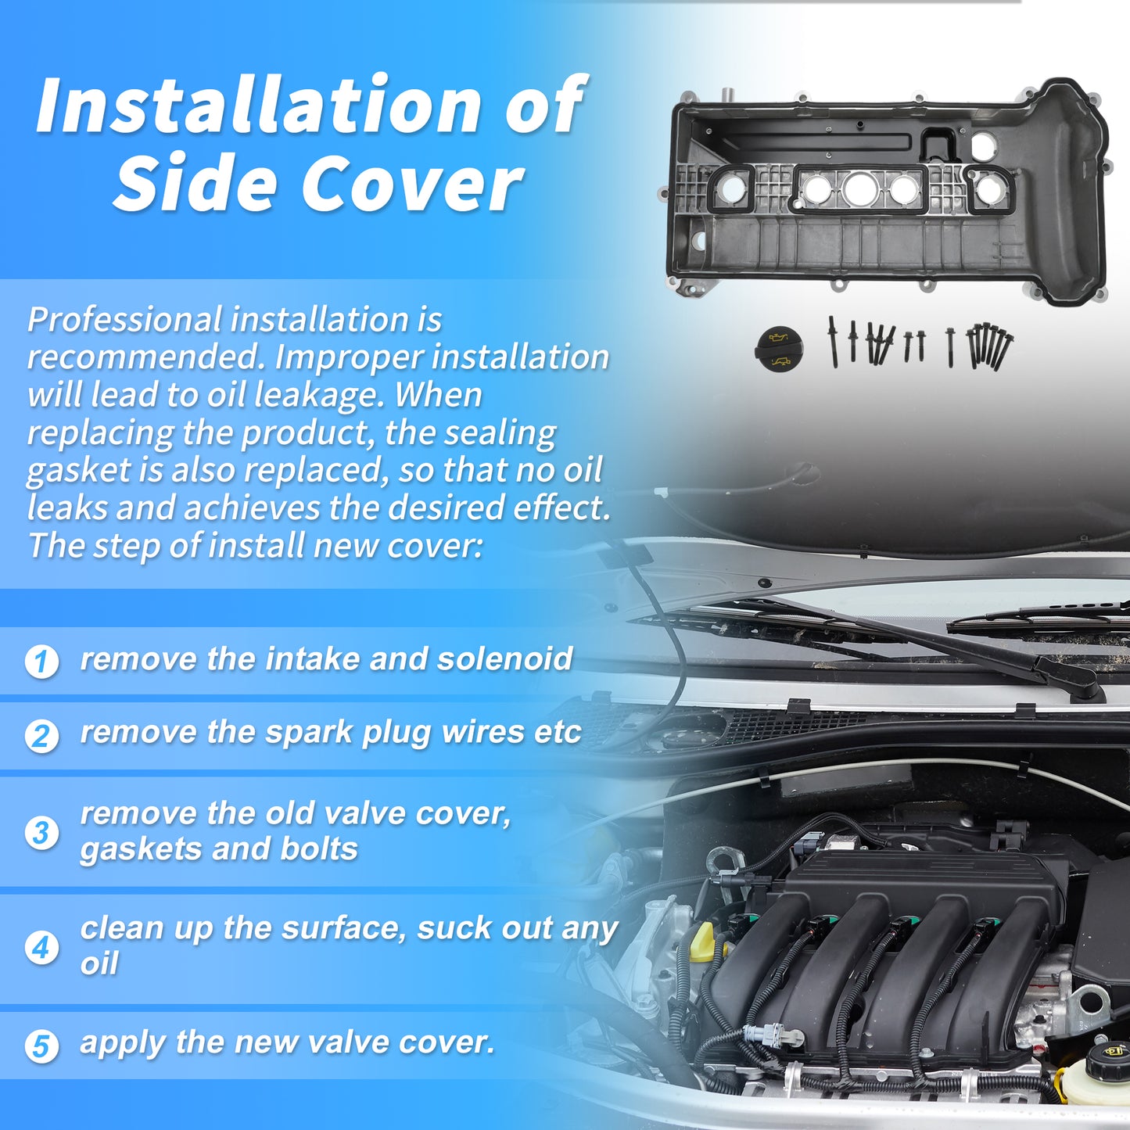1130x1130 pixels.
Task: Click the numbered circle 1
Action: coord(41,662)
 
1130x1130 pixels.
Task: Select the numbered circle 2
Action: coord(41,736)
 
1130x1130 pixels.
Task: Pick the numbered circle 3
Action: coord(41,833)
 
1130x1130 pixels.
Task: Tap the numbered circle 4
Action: coord(41,948)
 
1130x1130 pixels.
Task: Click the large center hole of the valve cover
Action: coord(860,188)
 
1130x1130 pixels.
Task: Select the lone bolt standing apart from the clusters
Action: coord(951,347)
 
